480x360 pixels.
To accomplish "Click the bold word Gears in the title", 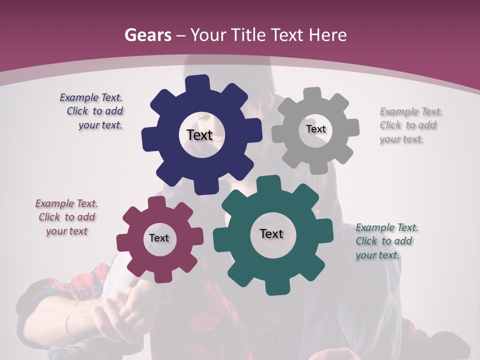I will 147,35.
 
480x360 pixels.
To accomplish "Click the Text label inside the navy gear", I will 199,135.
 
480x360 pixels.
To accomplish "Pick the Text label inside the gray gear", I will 315,129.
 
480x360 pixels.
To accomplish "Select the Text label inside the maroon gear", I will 159,238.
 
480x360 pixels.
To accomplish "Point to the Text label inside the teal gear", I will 271,233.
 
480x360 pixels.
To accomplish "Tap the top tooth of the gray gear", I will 312,93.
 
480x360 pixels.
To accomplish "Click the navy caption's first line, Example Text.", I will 91,97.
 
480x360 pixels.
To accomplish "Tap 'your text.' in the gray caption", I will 401,139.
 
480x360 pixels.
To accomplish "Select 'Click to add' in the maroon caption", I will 67,217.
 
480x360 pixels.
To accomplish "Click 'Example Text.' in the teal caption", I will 387,227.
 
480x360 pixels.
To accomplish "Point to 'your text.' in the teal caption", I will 377,255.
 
